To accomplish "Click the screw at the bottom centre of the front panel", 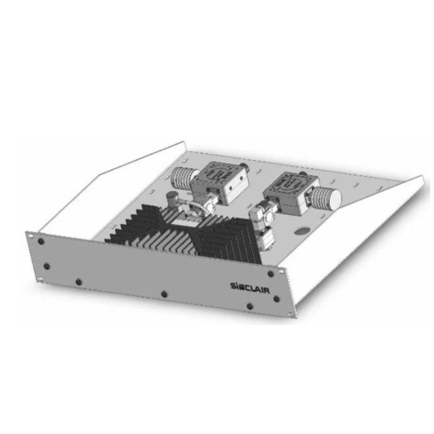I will tap(164, 294).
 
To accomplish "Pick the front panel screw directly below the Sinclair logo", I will tap(250, 306).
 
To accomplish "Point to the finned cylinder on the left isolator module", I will tap(183, 177).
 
